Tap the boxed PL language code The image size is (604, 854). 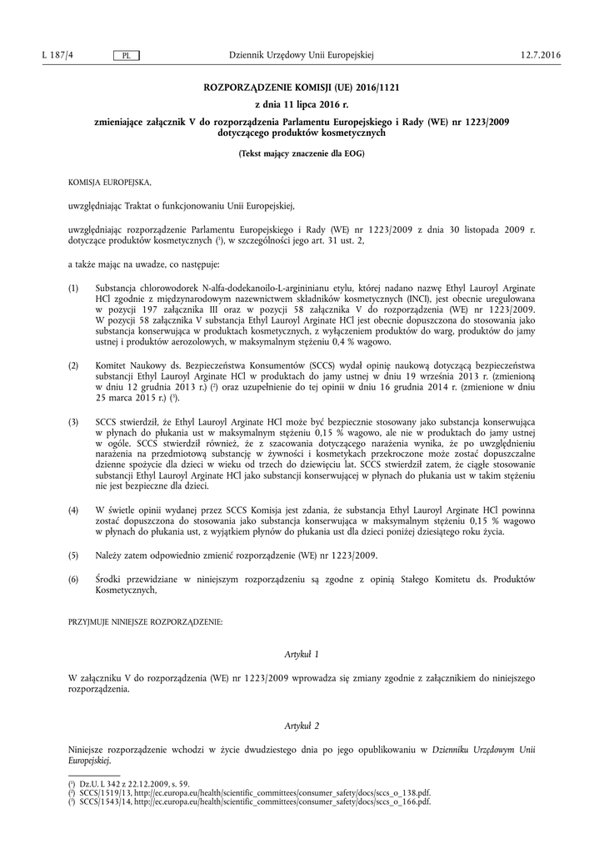pos(126,56)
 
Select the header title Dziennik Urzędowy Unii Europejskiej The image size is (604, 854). pos(302,55)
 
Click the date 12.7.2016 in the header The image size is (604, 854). pos(541,55)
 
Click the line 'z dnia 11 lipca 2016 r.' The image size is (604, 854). pos(302,104)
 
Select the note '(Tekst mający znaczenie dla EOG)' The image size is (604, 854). pos(302,153)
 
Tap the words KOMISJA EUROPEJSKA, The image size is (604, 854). pos(110,181)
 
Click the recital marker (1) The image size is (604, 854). pos(73,288)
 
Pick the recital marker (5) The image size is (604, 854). pos(73,555)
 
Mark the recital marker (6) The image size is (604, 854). pos(73,578)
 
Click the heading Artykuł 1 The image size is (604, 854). pos(302,655)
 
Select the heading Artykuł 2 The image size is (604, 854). pos(302,726)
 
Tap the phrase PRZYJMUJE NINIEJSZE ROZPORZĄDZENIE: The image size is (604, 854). pos(145,623)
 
